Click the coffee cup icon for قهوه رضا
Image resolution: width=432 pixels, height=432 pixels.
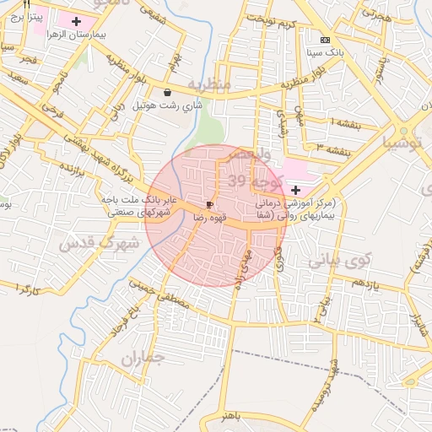[x=209, y=205]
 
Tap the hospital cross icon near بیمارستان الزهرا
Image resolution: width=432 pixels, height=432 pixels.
[x=77, y=20]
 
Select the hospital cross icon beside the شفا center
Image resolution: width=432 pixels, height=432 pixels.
[x=294, y=192]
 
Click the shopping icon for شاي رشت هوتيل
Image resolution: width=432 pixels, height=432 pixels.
[x=167, y=93]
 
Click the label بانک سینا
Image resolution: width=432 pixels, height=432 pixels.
[x=327, y=51]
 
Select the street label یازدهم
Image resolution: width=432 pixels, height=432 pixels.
[x=369, y=283]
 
